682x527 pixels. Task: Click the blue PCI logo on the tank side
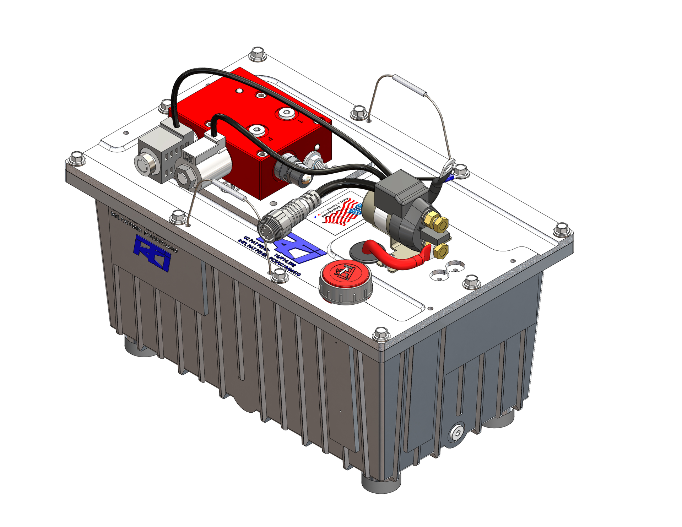point(152,253)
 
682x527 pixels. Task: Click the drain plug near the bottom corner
point(456,433)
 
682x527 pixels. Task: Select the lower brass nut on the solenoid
point(441,251)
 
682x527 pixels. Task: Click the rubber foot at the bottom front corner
point(381,483)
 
